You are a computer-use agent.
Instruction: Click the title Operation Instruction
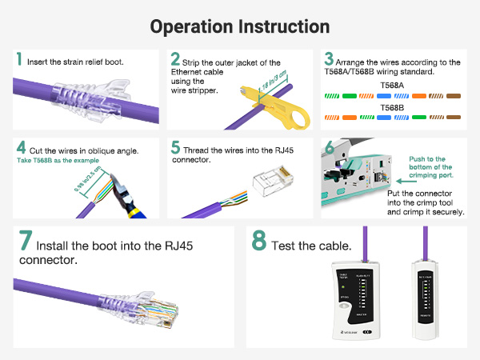pos(240,26)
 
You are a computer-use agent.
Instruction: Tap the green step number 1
pos(19,60)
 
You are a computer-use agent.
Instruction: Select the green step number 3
pos(328,60)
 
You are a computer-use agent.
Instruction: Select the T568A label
pos(393,85)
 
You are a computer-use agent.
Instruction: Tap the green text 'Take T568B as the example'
pos(60,160)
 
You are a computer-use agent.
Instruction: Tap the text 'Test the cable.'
pos(311,245)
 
